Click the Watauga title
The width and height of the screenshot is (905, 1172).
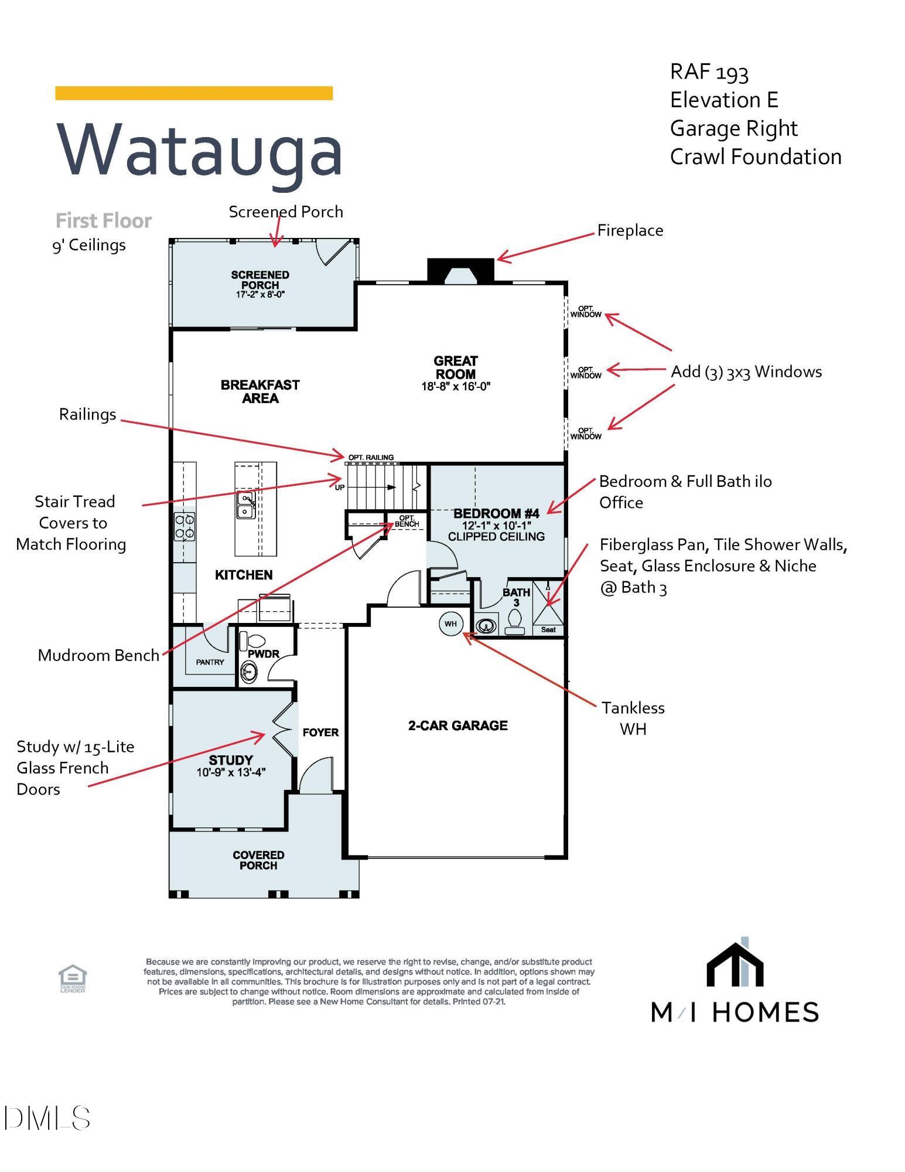(x=199, y=149)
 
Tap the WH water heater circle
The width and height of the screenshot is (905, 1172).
(x=450, y=624)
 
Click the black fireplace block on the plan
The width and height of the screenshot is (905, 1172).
(x=460, y=270)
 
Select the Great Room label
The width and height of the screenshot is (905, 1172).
(x=456, y=367)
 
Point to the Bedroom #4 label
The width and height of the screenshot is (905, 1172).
(x=496, y=514)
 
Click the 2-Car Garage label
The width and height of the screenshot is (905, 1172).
(x=457, y=725)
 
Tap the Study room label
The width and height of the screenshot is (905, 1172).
(x=231, y=760)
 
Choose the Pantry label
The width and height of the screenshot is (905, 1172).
(x=210, y=662)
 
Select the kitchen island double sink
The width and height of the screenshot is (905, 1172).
(x=245, y=505)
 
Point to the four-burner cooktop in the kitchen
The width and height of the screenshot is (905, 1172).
(x=185, y=526)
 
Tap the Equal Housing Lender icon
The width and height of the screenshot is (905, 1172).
(x=73, y=979)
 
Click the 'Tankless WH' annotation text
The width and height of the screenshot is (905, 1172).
(x=633, y=718)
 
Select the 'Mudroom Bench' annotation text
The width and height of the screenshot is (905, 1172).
(x=98, y=655)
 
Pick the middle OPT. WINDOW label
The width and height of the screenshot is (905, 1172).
(x=586, y=373)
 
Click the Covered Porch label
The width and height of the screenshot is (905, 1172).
(x=258, y=860)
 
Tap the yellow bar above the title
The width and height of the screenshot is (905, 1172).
(x=194, y=93)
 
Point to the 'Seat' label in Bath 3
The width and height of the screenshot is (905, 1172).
(x=548, y=630)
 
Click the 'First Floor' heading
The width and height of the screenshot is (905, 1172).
(x=104, y=221)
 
